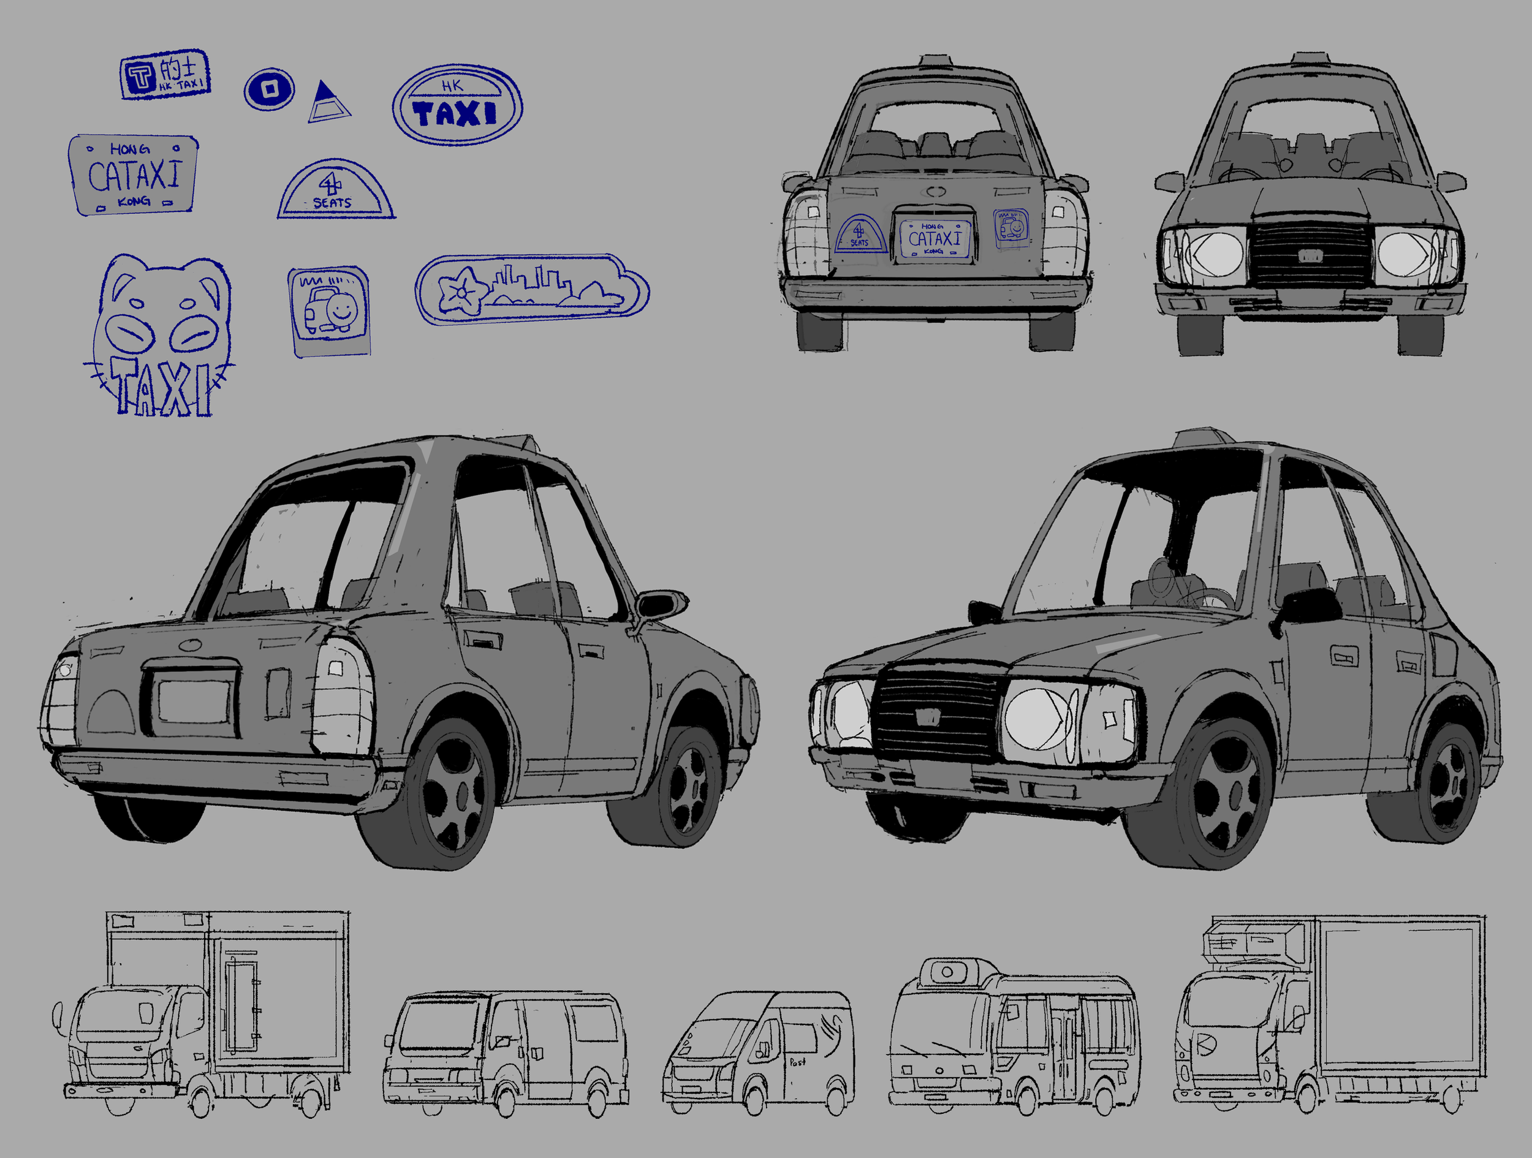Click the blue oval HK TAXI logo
[x=457, y=105]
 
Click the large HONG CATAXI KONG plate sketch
[x=133, y=175]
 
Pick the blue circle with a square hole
[x=270, y=89]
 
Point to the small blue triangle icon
[x=328, y=102]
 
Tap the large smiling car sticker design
[x=329, y=312]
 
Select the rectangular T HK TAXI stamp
[x=165, y=74]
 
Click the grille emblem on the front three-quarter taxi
[x=927, y=717]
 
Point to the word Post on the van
[x=797, y=1062]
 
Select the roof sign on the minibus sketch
[x=948, y=972]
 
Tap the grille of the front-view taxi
[x=1309, y=254]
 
